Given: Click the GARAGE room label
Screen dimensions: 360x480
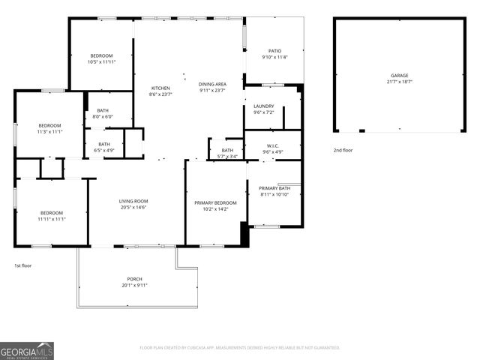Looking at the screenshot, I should tap(399, 76).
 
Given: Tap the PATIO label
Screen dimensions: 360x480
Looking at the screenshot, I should tap(274, 51).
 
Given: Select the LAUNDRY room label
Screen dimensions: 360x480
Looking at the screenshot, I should tap(263, 106).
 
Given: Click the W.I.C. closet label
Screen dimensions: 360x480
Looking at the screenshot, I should tap(272, 145).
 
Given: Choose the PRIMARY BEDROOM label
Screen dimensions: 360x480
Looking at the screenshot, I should tap(215, 202).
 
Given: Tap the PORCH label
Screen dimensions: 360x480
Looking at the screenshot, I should tap(134, 279).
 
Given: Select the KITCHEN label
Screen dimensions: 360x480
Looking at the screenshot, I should tap(161, 88).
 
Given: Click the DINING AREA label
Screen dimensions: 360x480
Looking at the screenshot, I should tap(213, 84).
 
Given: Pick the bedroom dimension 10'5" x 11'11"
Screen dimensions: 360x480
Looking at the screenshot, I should tap(101, 62).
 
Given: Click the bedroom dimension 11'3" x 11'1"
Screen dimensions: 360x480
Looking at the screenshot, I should tap(49, 131).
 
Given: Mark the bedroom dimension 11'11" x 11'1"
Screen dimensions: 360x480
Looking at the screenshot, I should tap(52, 219).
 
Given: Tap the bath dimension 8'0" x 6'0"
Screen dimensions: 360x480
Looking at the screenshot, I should tap(103, 116).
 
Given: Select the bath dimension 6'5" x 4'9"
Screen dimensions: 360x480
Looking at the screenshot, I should tap(103, 150).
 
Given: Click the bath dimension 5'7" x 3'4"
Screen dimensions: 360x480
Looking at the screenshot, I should tap(227, 156).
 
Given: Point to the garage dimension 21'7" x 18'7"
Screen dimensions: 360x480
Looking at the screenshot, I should tap(399, 82).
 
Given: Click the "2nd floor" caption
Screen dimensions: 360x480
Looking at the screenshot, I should tap(343, 150).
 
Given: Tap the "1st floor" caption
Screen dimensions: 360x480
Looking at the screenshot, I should tap(23, 265).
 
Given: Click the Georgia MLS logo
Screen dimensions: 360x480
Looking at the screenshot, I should tap(27, 351).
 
